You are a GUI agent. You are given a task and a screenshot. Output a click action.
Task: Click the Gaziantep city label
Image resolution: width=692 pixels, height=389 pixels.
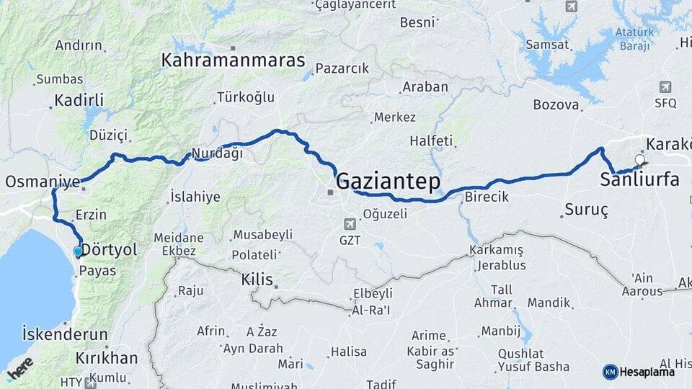coord(388,181)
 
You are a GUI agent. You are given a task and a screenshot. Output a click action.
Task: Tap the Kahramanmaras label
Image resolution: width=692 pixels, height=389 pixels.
coord(234,60)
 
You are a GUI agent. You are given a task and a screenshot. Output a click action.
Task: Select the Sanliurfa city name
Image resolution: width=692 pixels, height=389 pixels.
coord(639,180)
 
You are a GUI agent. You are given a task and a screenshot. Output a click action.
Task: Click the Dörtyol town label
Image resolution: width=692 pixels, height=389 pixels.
coord(109,250)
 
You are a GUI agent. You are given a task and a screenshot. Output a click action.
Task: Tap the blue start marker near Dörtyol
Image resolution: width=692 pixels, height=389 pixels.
coord(78,251)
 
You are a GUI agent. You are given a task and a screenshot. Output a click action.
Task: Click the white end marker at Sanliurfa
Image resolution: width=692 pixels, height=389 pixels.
coord(639,160)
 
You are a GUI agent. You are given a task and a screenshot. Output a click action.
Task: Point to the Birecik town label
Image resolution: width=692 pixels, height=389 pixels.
coord(487,197)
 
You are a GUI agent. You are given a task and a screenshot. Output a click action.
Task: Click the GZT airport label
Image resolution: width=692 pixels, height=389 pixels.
coord(350,240)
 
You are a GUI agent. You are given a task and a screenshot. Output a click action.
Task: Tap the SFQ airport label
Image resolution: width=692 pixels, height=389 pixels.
coord(665,103)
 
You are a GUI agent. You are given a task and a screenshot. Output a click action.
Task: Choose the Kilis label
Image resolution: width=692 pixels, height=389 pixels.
coord(257,280)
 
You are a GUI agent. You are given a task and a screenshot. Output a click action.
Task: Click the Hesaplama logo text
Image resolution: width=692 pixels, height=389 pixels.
coord(647,372)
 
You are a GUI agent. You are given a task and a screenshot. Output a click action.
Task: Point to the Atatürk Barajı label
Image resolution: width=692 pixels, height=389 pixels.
coord(634,39)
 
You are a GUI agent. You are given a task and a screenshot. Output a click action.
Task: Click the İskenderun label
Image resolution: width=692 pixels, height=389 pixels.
coord(65,335)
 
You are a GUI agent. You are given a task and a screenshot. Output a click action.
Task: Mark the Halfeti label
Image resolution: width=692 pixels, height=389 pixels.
coord(430,140)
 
